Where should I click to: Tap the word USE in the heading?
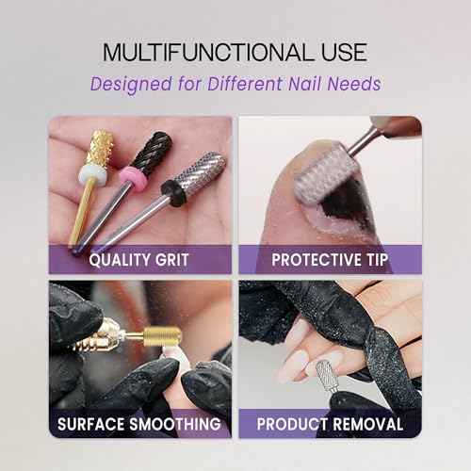[x=340, y=52]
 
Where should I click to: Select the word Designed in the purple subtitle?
[x=127, y=84]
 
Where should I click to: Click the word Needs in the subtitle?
[x=356, y=84]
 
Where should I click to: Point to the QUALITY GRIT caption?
[x=140, y=259]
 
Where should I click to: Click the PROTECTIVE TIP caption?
[x=331, y=259]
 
